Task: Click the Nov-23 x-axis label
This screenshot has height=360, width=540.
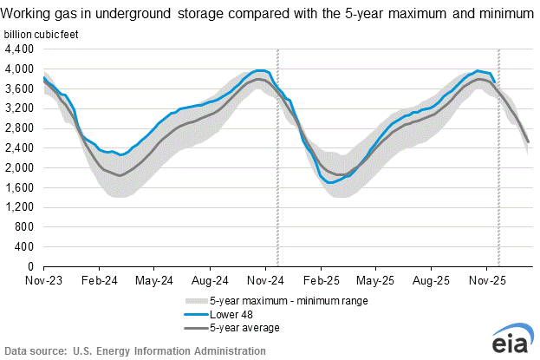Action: coord(43,282)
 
